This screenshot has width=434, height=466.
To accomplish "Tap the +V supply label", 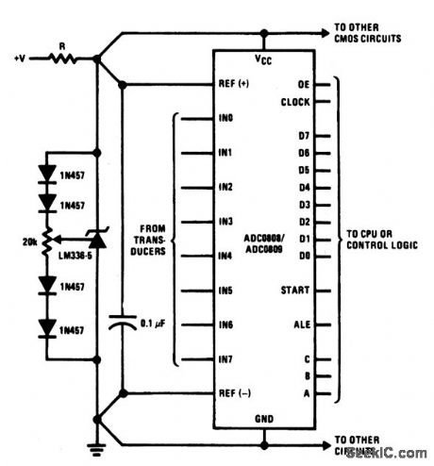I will (22, 58).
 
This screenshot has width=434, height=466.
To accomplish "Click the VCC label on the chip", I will (263, 59).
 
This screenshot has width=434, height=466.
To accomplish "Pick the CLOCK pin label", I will (298, 101).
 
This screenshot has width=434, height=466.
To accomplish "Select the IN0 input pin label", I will (225, 119).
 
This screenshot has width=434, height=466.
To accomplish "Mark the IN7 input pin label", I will (225, 359).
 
